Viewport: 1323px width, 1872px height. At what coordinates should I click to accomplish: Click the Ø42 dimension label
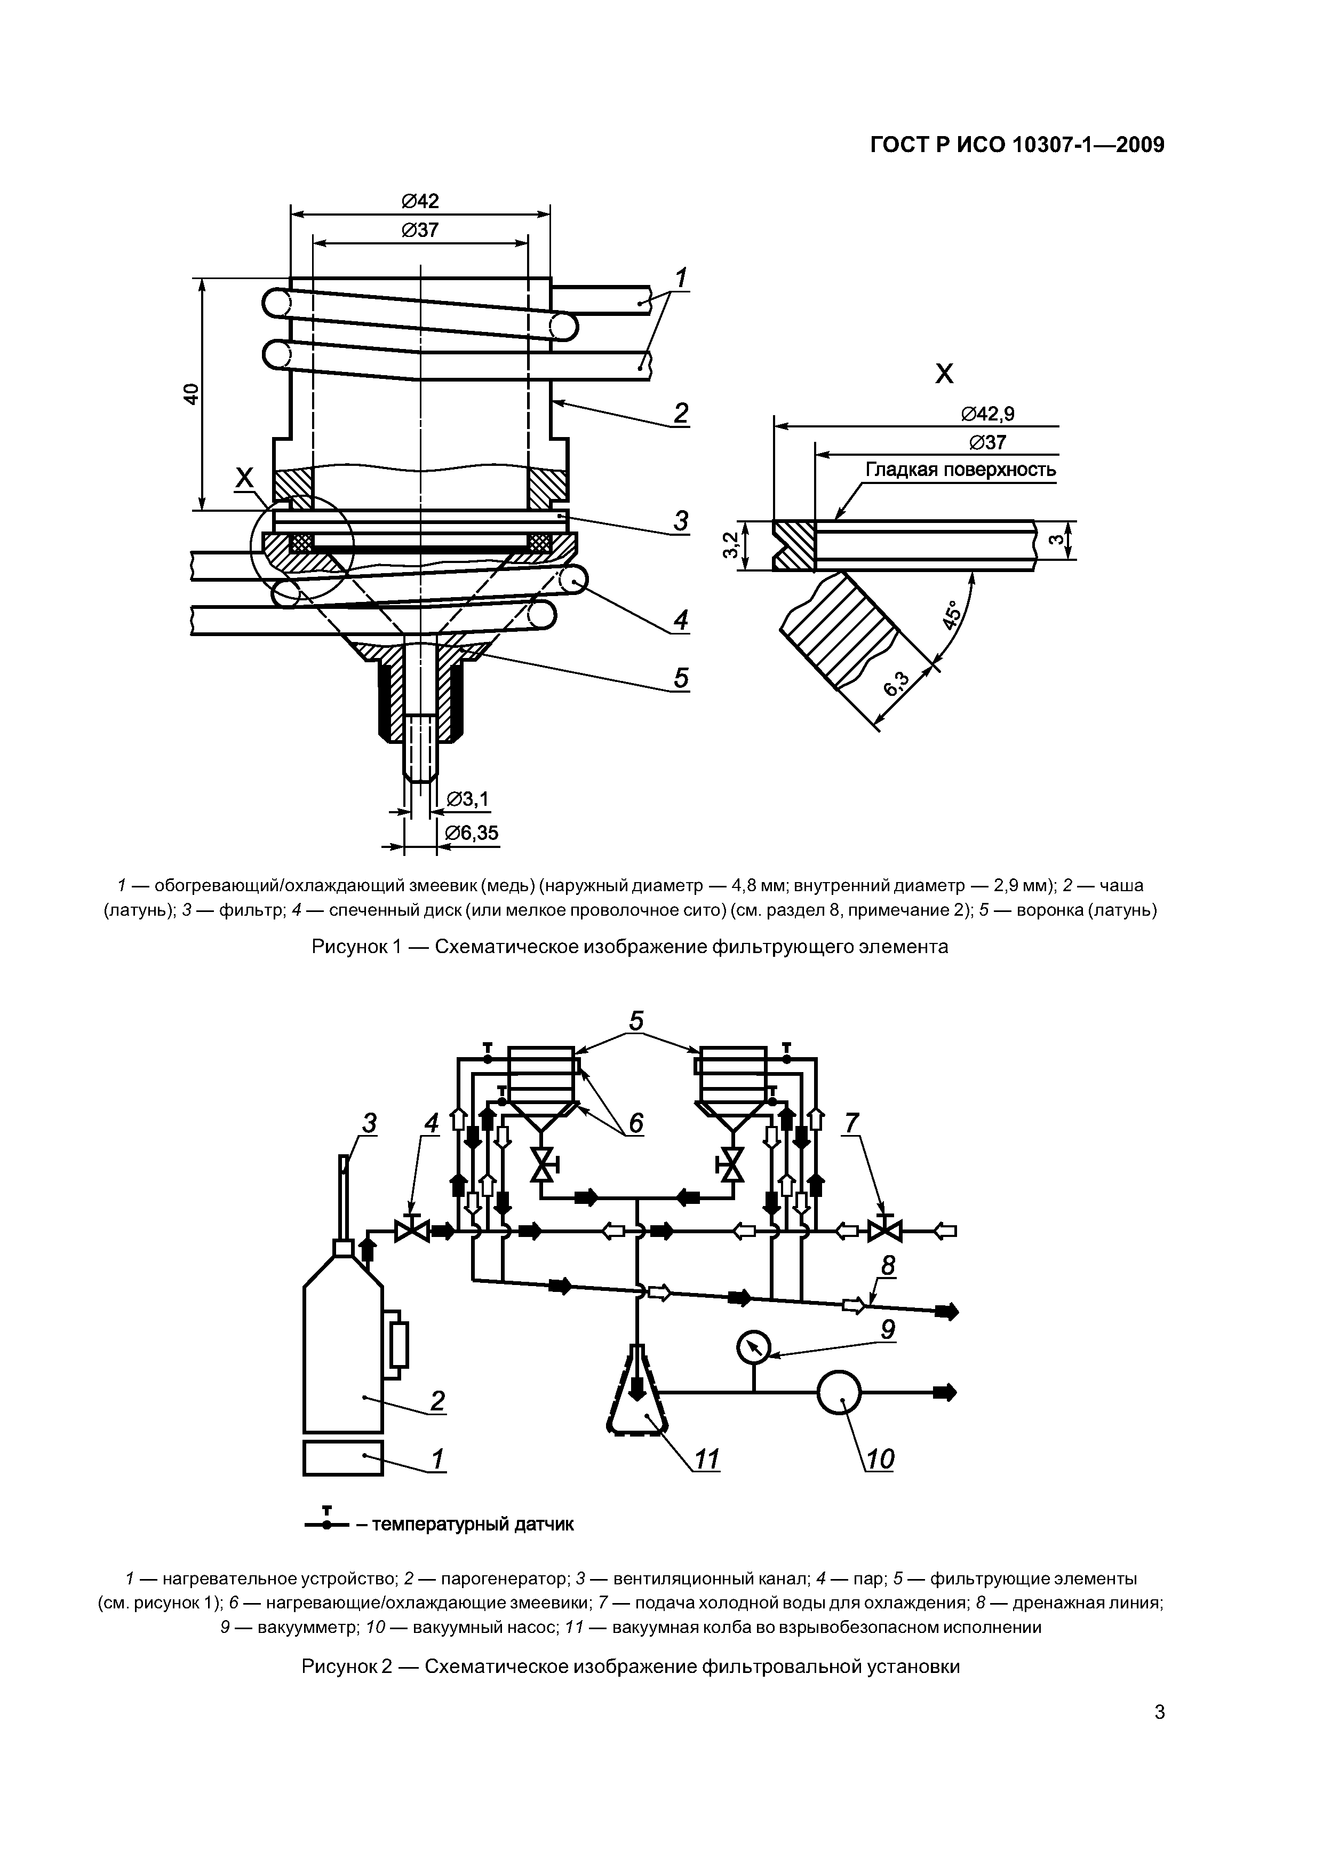click(420, 201)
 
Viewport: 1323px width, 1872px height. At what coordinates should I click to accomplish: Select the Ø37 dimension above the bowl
click(420, 230)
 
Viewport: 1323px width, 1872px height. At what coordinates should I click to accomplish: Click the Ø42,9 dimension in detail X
click(988, 414)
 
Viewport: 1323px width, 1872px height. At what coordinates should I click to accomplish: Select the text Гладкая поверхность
click(961, 471)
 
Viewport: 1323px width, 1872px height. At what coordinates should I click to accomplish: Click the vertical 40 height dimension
click(191, 394)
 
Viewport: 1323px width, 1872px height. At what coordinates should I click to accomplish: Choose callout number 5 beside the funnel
click(681, 678)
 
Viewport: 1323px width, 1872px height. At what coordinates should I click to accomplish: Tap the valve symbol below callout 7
click(883, 1231)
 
